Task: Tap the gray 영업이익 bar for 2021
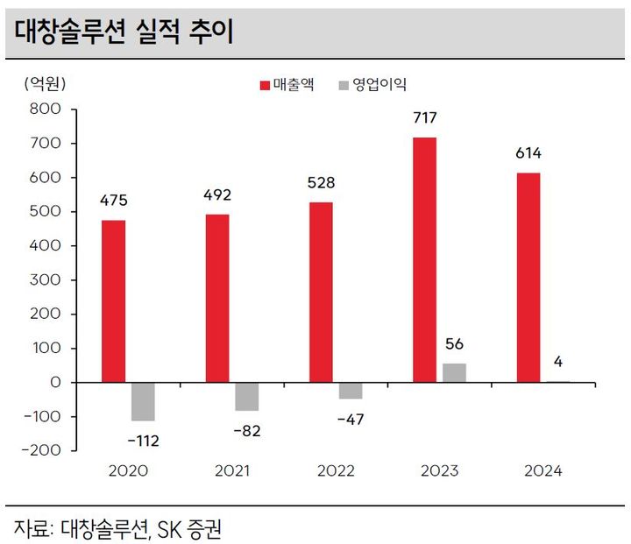point(247,397)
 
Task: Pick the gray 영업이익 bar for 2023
point(454,373)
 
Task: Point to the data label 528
point(322,183)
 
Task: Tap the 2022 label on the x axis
point(336,471)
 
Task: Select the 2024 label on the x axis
point(543,471)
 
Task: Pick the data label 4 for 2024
point(557,363)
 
